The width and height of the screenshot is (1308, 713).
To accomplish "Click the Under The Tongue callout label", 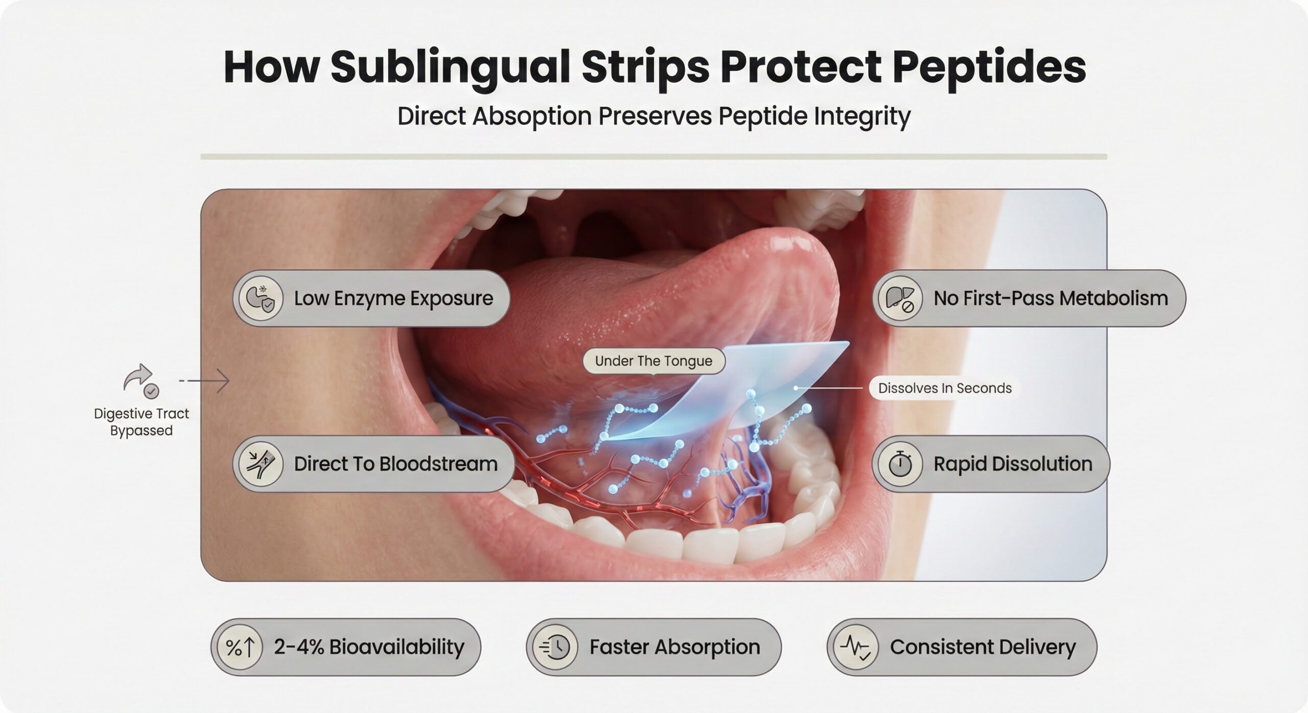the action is (653, 361).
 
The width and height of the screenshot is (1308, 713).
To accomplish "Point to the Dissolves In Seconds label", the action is (945, 388).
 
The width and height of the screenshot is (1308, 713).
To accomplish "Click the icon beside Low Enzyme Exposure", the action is (261, 299).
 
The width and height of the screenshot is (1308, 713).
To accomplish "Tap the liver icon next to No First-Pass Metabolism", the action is (900, 299).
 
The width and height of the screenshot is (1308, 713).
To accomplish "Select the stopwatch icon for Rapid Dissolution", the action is (900, 464).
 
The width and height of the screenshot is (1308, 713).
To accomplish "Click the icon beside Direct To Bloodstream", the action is (261, 464).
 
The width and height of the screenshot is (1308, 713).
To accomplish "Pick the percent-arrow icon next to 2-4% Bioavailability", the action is (240, 647).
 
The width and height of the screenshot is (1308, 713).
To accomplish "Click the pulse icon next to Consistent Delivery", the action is (856, 647).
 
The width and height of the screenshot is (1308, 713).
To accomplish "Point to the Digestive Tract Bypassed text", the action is (142, 422).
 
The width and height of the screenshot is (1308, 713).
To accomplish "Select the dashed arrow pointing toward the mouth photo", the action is (204, 381).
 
